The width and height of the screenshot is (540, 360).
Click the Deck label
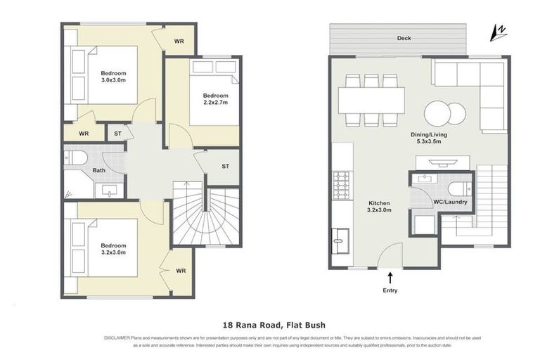(404, 39)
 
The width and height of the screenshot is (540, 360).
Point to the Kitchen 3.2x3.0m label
(379, 205)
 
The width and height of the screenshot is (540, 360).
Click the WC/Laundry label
(450, 202)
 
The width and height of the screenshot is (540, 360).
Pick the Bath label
(99, 170)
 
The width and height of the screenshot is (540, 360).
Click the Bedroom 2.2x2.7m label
(216, 99)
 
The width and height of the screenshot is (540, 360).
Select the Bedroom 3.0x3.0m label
(112, 77)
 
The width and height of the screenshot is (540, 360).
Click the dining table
(371, 100)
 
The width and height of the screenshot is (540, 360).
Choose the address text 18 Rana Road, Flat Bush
(270, 326)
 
